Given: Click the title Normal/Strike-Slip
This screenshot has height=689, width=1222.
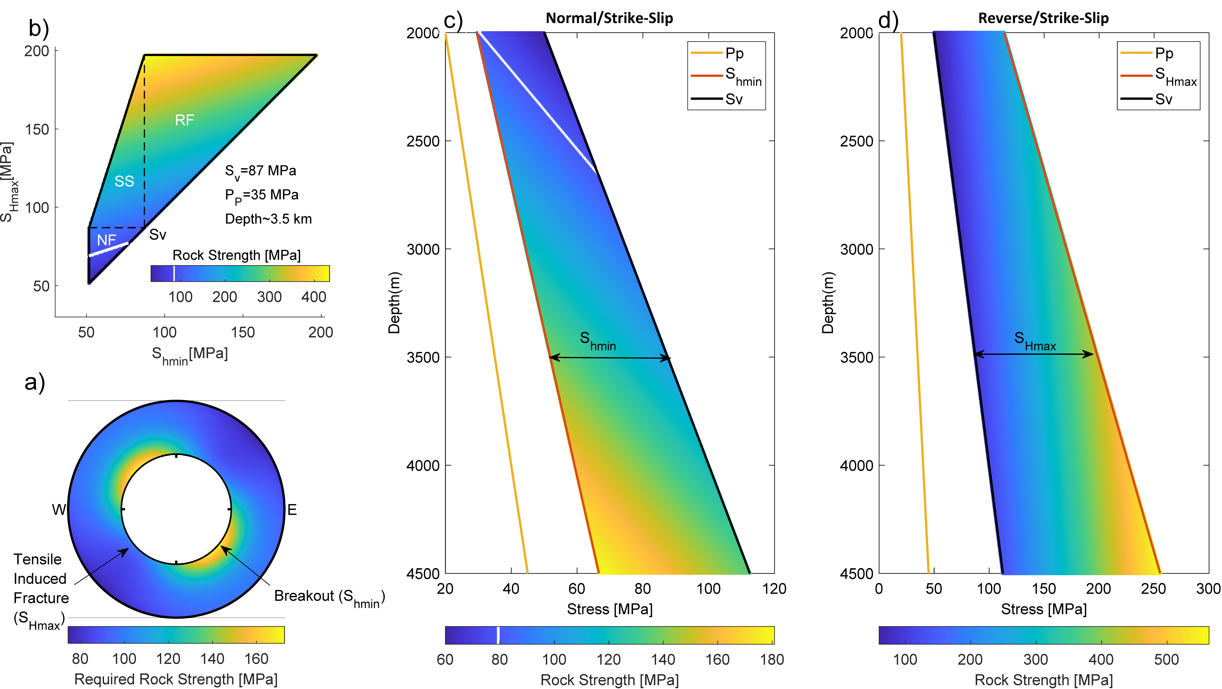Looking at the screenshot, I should click(x=609, y=18).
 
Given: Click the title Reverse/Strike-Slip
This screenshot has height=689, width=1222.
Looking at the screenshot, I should click(x=1043, y=18).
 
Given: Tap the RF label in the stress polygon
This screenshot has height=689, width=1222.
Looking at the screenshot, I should click(x=184, y=120).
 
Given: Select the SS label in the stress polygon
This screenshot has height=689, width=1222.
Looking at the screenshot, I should click(x=124, y=181).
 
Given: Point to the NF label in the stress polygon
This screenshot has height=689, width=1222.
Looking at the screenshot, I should click(x=106, y=240).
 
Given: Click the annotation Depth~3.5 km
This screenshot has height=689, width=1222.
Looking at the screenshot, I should click(x=268, y=219).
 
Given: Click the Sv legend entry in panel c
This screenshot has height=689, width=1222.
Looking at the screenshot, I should click(x=733, y=99).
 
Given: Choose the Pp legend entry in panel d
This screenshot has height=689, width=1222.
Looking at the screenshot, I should click(x=1164, y=53).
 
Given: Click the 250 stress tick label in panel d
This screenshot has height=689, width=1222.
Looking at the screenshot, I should click(x=1153, y=589).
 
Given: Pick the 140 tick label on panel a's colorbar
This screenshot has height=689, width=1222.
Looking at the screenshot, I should click(x=212, y=659).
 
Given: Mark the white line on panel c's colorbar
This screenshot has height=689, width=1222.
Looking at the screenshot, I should click(x=498, y=635).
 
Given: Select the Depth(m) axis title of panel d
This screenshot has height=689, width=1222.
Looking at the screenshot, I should click(x=828, y=303).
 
